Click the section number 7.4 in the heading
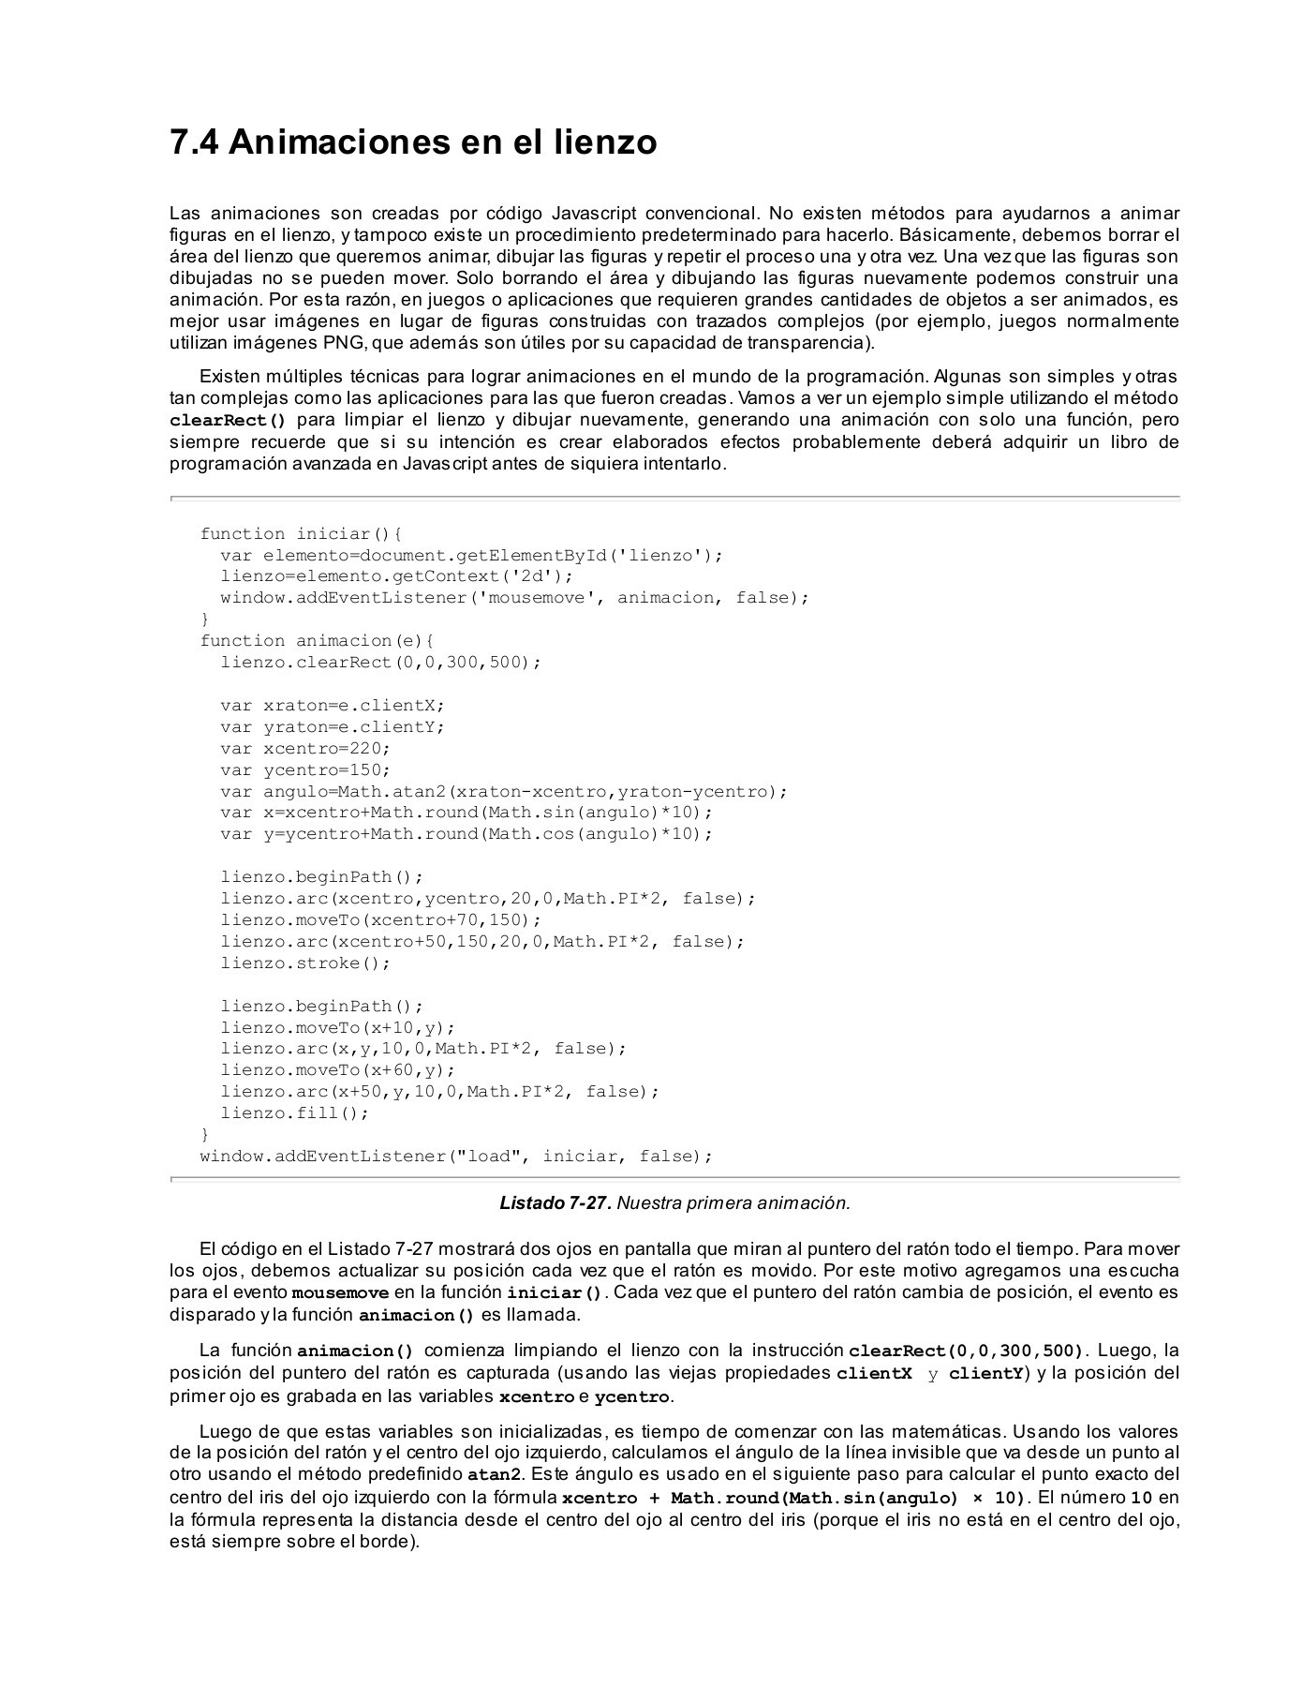(x=194, y=142)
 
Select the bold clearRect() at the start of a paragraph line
(x=228, y=421)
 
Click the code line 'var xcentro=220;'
(x=305, y=749)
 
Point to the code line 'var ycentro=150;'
(x=305, y=770)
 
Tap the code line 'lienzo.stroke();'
(x=305, y=963)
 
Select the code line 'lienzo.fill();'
(x=295, y=1113)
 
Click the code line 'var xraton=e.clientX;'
(x=333, y=706)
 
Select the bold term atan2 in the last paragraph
(x=494, y=1475)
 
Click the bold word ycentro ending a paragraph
(x=632, y=1397)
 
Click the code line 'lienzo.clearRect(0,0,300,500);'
(x=381, y=663)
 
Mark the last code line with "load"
(x=456, y=1157)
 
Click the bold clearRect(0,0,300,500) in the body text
(x=965, y=1351)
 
